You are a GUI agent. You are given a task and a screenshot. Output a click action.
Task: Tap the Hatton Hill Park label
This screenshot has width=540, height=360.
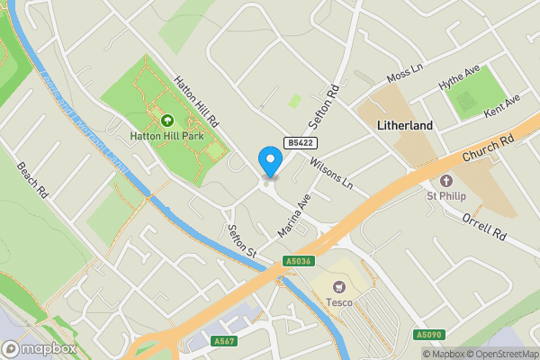click(166, 136)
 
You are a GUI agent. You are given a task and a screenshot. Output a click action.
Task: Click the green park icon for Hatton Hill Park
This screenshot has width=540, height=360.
click(166, 121)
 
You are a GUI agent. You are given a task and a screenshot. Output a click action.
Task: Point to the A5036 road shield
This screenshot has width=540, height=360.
click(299, 261)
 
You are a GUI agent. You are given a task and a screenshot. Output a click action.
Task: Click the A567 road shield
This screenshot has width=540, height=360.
click(224, 341)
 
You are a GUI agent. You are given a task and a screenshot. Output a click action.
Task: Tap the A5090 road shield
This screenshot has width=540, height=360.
click(428, 335)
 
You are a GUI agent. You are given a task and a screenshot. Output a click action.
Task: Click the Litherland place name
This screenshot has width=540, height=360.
click(406, 125)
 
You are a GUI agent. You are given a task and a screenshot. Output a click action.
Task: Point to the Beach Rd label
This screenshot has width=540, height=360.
click(31, 180)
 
